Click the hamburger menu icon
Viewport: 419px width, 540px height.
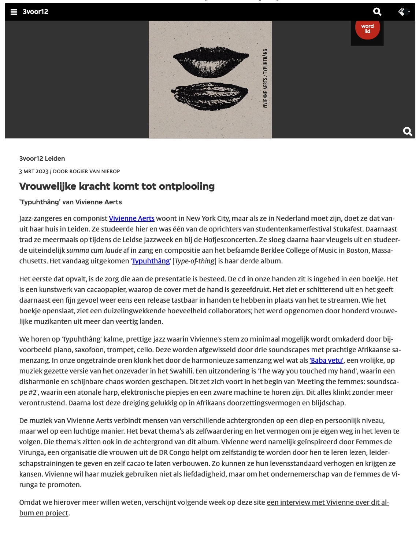(14, 12)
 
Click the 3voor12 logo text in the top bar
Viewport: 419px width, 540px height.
(35, 12)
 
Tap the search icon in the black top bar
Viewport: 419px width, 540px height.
(377, 12)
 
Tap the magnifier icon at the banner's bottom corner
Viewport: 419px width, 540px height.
(407, 131)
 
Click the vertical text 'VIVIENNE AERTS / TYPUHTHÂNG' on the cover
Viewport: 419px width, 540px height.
(265, 79)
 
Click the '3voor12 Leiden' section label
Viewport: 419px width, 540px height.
(42, 158)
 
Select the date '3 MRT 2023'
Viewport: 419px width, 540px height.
(34, 171)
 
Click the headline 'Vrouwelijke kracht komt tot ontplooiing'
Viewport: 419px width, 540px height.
(117, 186)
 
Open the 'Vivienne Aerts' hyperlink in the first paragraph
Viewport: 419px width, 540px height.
(131, 219)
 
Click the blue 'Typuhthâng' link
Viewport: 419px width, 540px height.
(151, 261)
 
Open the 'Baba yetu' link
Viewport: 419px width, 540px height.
(326, 361)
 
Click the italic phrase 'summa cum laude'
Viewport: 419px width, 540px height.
(94, 251)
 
